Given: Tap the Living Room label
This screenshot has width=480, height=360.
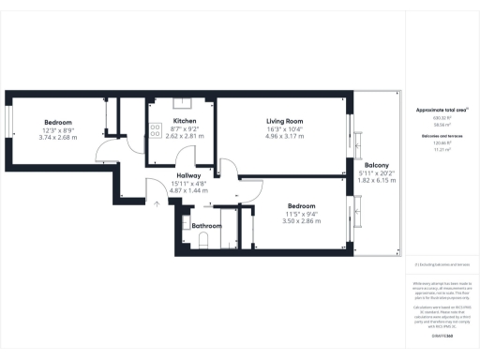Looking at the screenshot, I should [284, 121].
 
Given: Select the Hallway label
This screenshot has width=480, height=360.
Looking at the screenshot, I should [190, 175].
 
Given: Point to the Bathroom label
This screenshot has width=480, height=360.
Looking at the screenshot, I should [206, 226].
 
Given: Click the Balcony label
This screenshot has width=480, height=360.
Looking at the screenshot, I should [377, 166].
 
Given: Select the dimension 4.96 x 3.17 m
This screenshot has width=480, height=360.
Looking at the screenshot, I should [284, 137].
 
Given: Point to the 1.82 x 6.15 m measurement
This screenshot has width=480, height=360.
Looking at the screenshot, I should [378, 181].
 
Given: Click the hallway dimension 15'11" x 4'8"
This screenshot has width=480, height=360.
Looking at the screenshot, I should [190, 183].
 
